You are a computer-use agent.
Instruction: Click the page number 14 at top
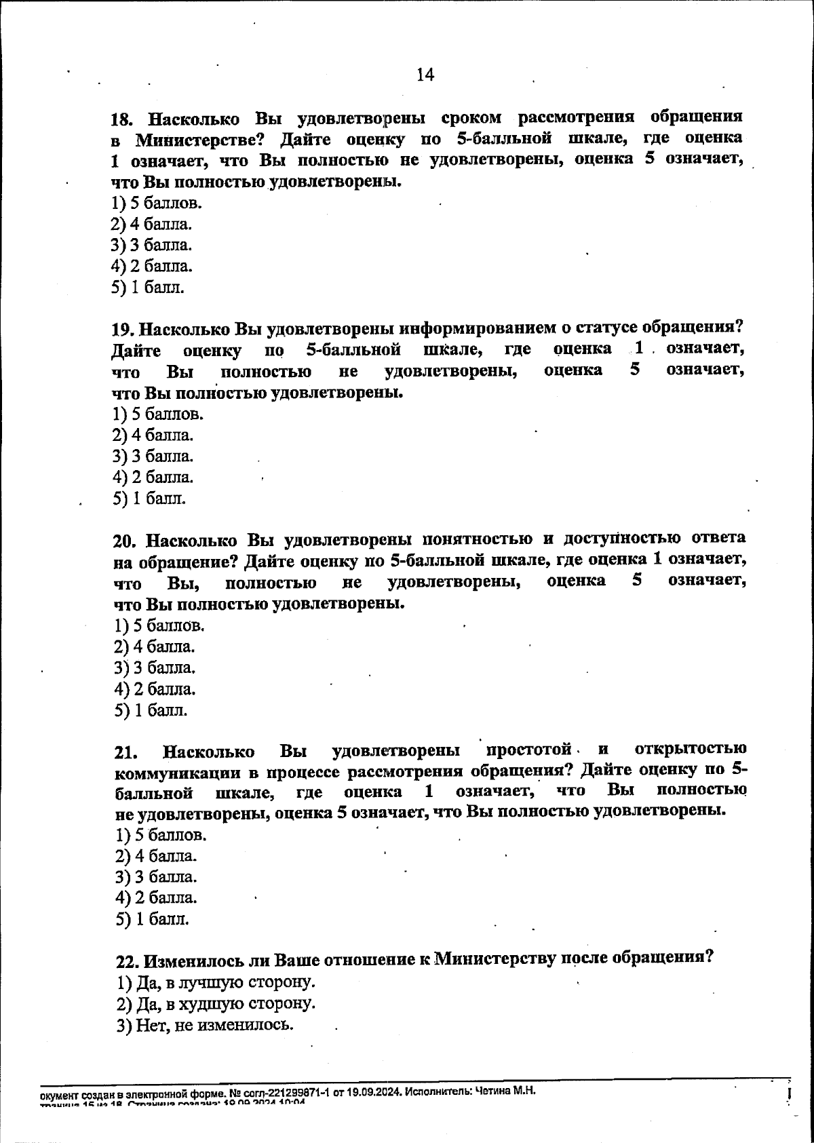[x=425, y=75]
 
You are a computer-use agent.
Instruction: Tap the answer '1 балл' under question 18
[x=147, y=287]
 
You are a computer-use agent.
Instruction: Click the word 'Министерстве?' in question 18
[x=195, y=140]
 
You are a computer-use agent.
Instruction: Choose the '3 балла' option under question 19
[x=153, y=456]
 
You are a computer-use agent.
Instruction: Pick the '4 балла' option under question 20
[x=155, y=646]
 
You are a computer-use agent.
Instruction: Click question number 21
[x=127, y=752]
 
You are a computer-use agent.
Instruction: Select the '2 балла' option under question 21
[x=156, y=897]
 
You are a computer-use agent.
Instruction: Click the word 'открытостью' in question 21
[x=691, y=749]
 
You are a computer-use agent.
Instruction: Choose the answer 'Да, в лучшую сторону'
[x=216, y=982]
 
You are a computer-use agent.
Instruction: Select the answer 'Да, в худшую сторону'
[x=216, y=1003]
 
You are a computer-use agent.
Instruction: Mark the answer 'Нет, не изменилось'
[x=206, y=1024]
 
